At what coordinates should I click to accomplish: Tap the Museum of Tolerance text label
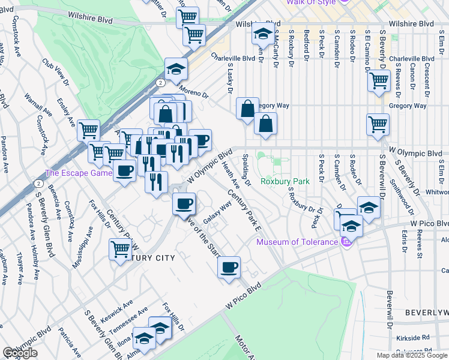coord(297,242)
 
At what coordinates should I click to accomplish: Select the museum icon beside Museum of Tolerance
coord(345,242)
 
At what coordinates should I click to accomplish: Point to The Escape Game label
coord(79,173)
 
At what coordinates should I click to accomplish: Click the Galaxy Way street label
coord(218,214)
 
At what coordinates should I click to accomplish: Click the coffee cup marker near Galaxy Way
coord(184,203)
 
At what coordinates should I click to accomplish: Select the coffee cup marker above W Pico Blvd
coord(229,268)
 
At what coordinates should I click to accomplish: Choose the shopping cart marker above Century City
coord(121,249)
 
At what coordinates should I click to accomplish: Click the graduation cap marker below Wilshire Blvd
coord(262,35)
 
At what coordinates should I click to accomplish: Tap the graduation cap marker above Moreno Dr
coord(176,69)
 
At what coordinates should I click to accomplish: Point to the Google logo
coord(20,353)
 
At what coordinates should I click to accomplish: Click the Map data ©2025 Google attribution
coord(412,355)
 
